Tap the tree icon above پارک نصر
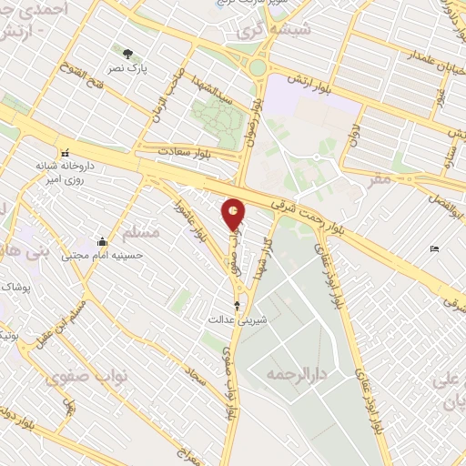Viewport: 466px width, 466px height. click(x=126, y=52)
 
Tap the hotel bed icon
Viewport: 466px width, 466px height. click(x=435, y=248)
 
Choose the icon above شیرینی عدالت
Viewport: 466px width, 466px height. click(x=238, y=306)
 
